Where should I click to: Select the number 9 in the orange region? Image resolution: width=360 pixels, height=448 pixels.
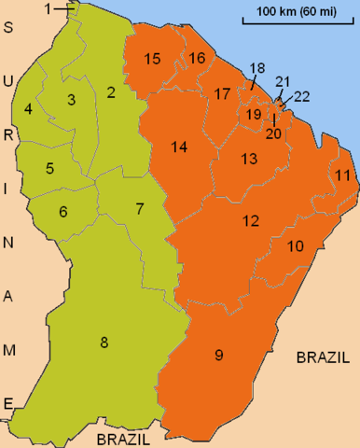[x=219, y=355]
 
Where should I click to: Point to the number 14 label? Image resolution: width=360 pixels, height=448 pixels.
[x=179, y=147]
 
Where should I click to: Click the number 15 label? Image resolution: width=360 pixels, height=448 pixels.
[x=153, y=60]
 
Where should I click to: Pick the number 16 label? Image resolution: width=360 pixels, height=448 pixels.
[x=197, y=59]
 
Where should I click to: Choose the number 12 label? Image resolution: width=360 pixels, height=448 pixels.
[x=250, y=221]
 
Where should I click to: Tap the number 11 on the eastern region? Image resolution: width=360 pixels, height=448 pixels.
[x=343, y=175]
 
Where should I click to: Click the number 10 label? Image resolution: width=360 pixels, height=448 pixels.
[x=296, y=246]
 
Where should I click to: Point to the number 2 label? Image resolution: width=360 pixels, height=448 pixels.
[x=111, y=91]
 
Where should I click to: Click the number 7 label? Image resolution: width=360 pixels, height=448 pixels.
[x=140, y=208]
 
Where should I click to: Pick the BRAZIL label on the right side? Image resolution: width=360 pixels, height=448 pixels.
[x=323, y=357]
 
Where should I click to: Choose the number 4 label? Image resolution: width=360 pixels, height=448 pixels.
[x=29, y=109]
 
